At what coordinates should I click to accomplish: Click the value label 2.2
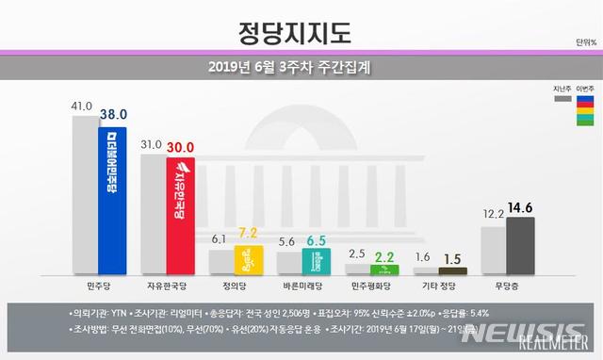pyautogui.click(x=385, y=256)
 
